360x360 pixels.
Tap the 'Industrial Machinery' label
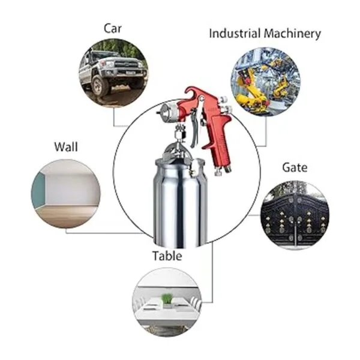click(265, 34)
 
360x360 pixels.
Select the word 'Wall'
click(66, 146)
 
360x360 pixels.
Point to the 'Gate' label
click(295, 167)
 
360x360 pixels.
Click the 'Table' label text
click(167, 256)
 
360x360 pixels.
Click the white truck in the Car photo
click(114, 69)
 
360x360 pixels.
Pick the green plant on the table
click(166, 298)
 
